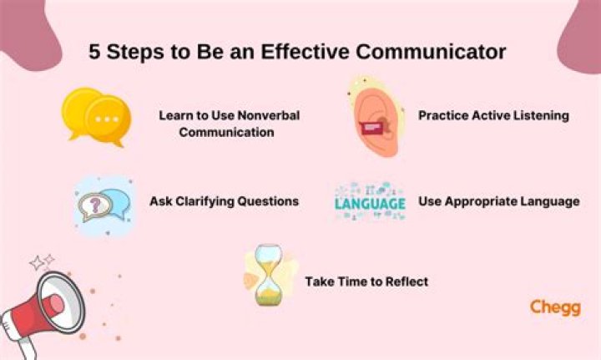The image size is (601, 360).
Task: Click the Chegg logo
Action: point(555,307)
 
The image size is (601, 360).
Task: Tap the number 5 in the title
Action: point(94,52)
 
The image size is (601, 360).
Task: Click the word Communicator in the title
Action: point(431,52)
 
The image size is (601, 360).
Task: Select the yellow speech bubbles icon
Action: point(97,117)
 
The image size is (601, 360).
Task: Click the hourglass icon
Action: point(269,275)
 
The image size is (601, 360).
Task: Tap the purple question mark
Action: point(95,205)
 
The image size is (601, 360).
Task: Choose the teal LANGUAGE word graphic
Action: point(371,204)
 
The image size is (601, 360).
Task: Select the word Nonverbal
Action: point(268,115)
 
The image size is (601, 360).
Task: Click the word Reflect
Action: point(407,281)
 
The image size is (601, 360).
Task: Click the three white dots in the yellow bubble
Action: point(108,119)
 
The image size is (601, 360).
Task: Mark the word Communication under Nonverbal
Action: point(226,132)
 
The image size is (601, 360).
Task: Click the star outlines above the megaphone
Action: point(43,261)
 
